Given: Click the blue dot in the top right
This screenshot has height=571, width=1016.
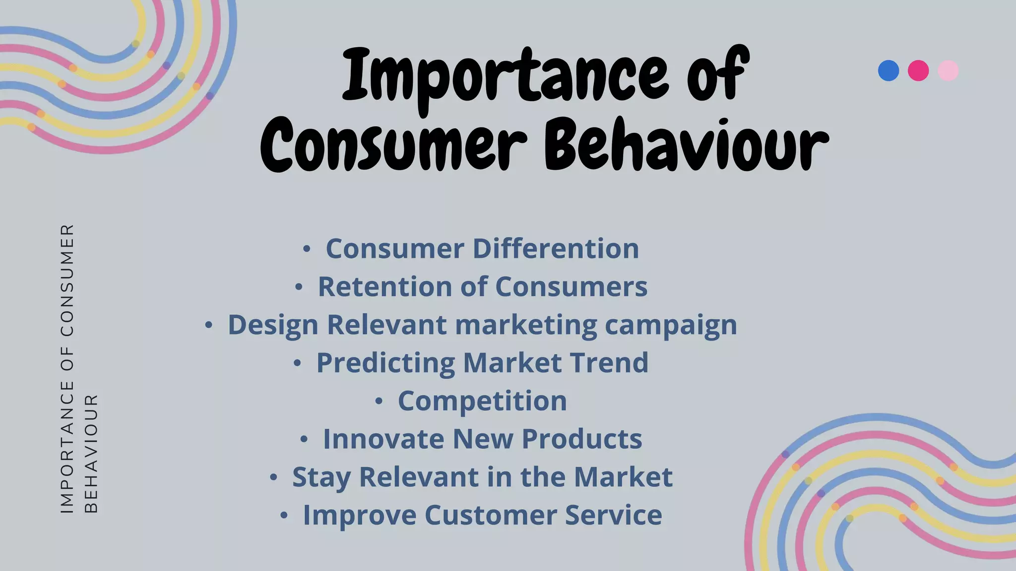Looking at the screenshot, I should point(888,70).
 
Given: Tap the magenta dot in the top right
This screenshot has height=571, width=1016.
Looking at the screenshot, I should point(918,70).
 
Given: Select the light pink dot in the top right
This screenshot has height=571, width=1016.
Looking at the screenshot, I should point(948,70).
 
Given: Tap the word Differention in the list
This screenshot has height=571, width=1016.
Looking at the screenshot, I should point(556,248).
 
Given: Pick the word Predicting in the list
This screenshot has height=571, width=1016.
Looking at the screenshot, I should point(385,363).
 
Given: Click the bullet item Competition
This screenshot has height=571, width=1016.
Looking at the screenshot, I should point(482,401).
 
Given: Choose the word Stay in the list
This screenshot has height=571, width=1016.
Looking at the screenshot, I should point(321,477).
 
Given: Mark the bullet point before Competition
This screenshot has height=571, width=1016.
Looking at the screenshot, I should point(379,401).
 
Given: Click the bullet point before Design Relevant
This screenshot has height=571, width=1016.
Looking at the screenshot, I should point(209,326).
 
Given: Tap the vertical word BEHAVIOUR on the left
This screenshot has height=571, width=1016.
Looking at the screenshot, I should point(91,454).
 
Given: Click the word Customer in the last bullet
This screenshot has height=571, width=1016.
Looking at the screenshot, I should point(490,515).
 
